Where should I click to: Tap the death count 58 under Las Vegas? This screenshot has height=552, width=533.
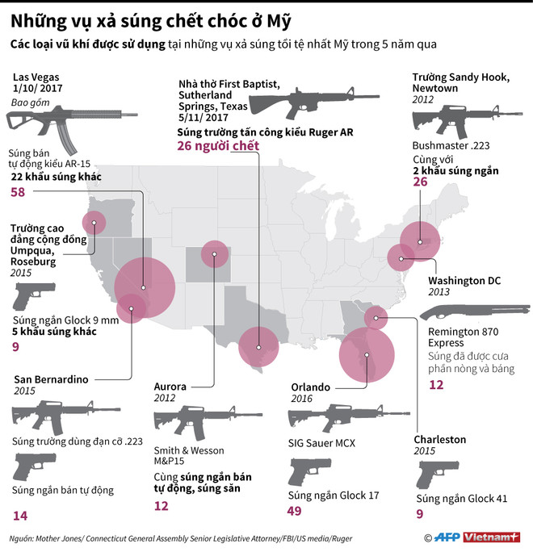(18, 192)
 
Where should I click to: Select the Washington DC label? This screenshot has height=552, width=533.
(464, 280)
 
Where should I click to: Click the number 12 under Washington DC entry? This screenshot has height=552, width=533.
(436, 385)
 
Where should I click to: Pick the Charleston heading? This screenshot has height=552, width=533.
(439, 439)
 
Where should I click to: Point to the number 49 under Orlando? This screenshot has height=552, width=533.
(296, 511)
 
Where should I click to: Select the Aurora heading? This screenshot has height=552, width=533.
(170, 387)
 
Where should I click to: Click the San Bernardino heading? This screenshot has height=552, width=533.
(50, 378)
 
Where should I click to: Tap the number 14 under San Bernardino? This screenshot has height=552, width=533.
(20, 515)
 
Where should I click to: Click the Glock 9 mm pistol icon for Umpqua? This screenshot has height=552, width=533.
(31, 296)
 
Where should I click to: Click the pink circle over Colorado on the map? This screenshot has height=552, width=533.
(214, 256)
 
